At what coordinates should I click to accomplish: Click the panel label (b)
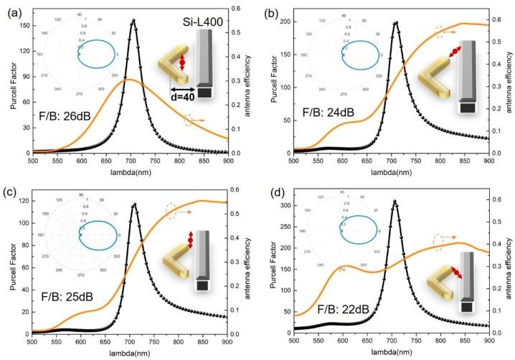coord(270,10)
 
